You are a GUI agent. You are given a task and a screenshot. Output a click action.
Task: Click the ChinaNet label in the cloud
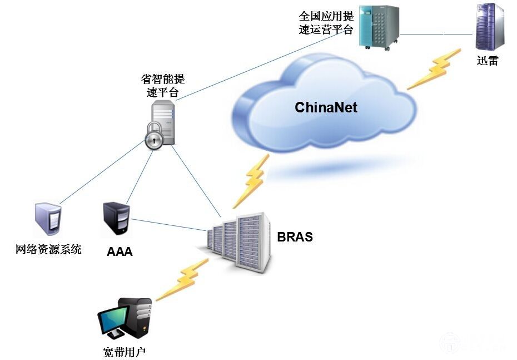pos(326,107)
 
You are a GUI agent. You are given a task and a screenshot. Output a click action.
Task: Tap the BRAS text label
pos(295,237)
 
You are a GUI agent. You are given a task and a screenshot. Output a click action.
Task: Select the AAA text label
pos(120,252)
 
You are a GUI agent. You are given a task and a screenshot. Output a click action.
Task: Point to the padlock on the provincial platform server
pos(155,136)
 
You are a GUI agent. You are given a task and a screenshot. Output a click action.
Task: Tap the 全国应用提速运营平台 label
pos(326,23)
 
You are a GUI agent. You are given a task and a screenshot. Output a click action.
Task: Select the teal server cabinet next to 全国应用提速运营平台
pos(379,26)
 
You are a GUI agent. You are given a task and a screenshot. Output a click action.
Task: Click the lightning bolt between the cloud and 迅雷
pos(434,69)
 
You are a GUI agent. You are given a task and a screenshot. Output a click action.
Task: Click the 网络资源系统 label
pos(48,249)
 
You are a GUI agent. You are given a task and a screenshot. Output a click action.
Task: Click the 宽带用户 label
pos(125,352)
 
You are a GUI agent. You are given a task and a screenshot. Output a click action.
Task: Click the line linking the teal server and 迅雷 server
pos(436,34)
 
